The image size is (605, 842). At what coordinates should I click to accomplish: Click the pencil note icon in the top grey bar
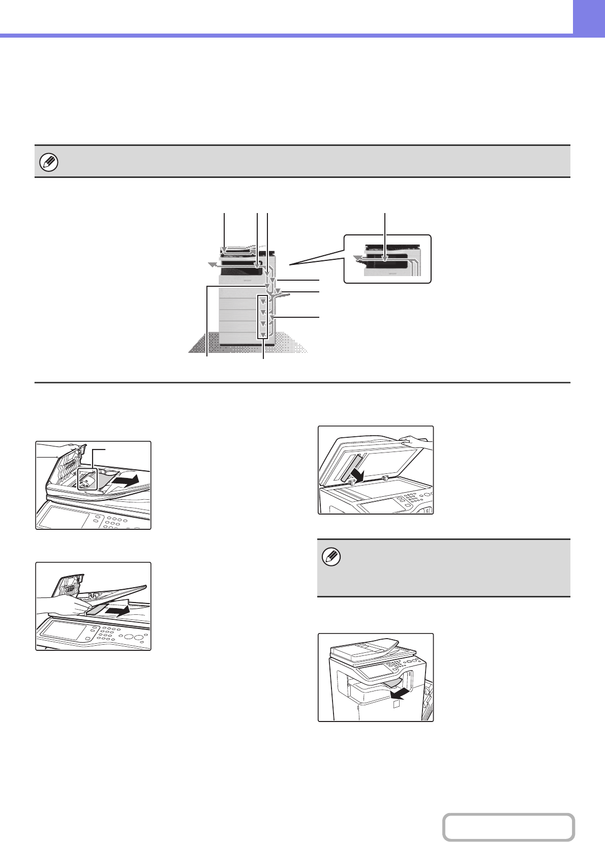coord(49,162)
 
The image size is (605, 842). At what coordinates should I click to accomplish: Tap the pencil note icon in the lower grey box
coord(332,557)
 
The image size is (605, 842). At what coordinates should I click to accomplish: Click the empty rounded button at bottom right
coord(508,827)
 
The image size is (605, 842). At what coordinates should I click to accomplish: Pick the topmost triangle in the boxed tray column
coord(263,301)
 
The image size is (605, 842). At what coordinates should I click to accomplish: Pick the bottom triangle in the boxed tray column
coord(263,335)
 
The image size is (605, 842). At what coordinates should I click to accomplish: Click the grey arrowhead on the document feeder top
coord(224,249)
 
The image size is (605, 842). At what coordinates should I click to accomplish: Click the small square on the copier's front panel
coord(397,705)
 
